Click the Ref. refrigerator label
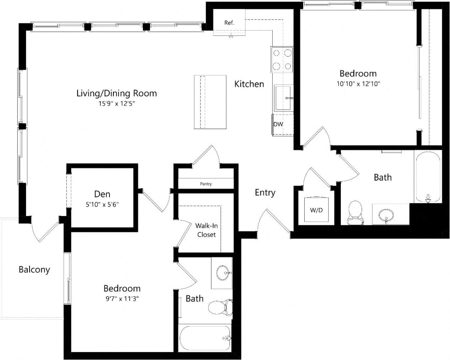[229, 23]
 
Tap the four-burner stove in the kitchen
[282, 59]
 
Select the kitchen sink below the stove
[283, 98]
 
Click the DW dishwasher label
[278, 124]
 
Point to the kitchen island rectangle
[210, 102]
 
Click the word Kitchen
[249, 84]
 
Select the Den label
[102, 194]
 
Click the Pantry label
[206, 184]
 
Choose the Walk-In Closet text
[207, 230]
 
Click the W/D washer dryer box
[316, 210]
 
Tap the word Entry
[265, 193]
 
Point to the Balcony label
[34, 270]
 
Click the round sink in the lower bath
[223, 273]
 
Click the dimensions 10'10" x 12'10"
[359, 84]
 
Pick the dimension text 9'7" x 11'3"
[122, 299]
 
